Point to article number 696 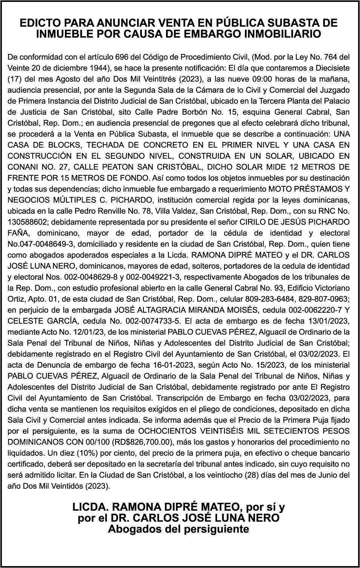122,57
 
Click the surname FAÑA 18,233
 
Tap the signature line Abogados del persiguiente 178,529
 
